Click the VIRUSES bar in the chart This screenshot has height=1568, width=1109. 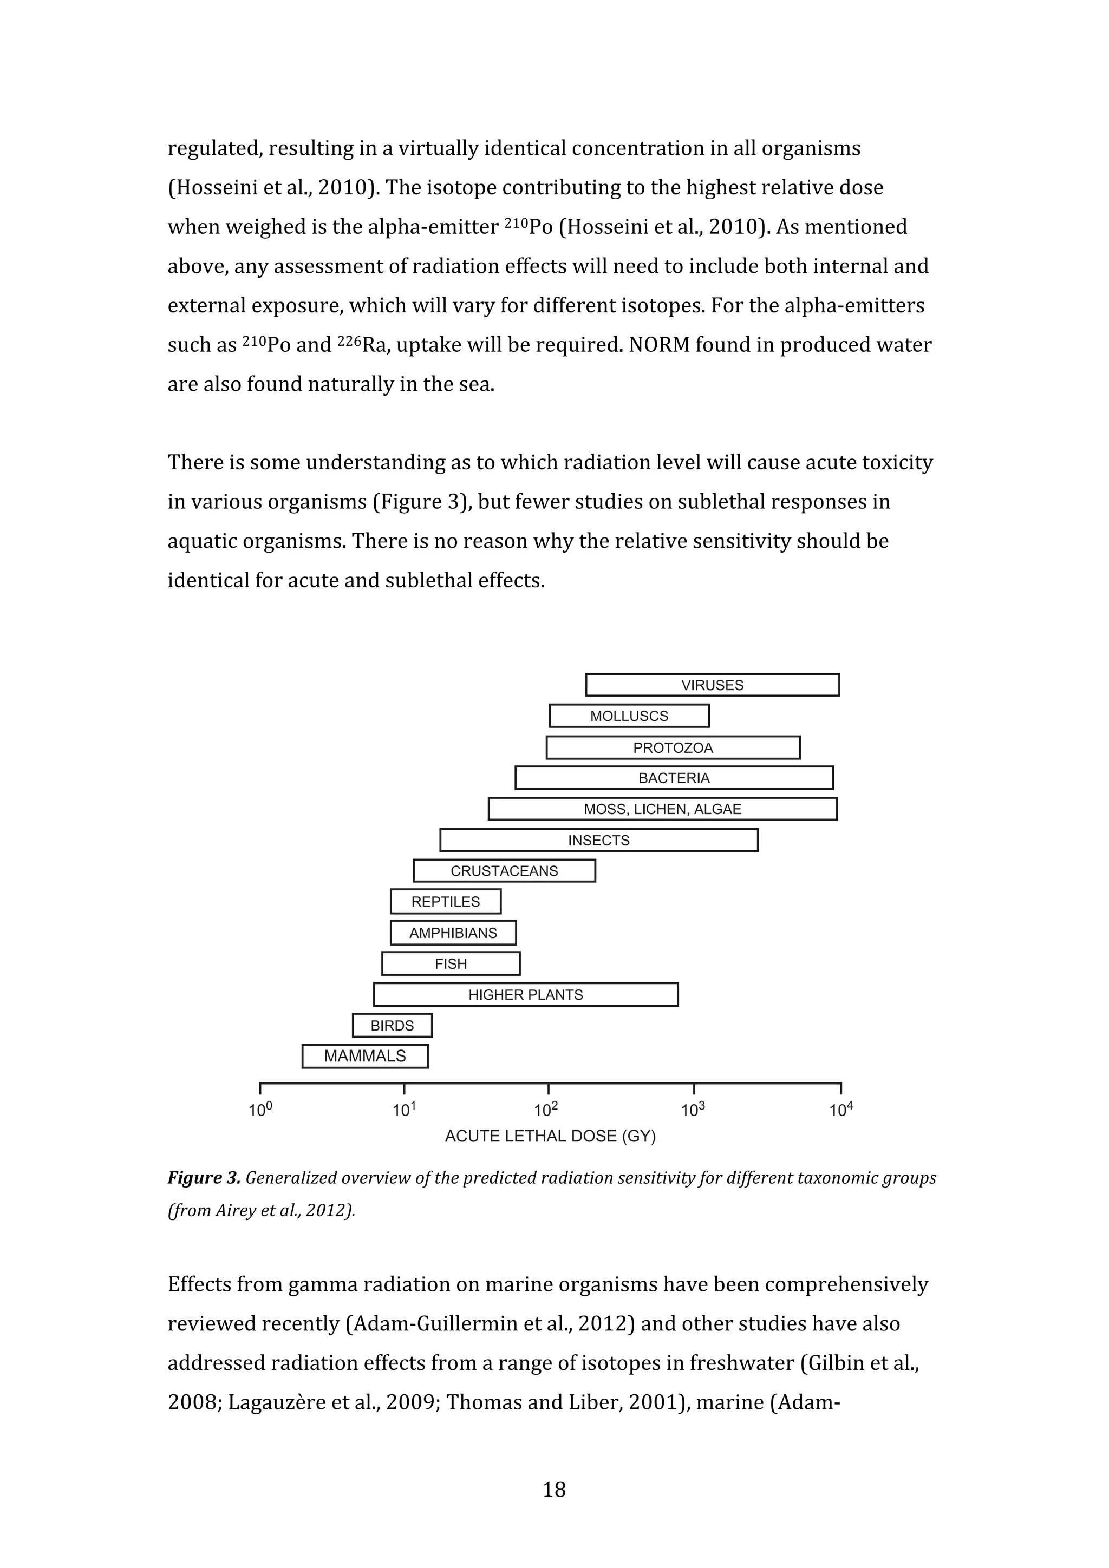(x=712, y=685)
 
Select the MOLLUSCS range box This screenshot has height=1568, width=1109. (x=629, y=716)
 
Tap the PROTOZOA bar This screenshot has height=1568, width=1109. (x=673, y=748)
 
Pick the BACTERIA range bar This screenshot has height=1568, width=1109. (x=674, y=778)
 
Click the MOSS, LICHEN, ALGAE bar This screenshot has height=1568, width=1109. (x=662, y=809)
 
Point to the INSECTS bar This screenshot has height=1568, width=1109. (x=598, y=840)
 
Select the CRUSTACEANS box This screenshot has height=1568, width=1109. (x=504, y=871)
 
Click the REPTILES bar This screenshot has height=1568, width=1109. (x=446, y=902)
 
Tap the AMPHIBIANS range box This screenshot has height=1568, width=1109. (x=453, y=933)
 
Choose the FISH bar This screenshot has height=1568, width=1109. (x=451, y=963)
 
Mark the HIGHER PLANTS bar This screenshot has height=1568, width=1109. (x=525, y=994)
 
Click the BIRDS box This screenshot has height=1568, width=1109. (x=392, y=1025)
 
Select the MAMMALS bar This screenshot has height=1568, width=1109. (x=365, y=1056)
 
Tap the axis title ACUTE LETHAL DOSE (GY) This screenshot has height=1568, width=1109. (x=550, y=1137)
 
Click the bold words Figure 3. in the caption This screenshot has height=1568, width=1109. (x=204, y=1178)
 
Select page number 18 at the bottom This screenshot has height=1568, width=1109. (x=554, y=1490)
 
